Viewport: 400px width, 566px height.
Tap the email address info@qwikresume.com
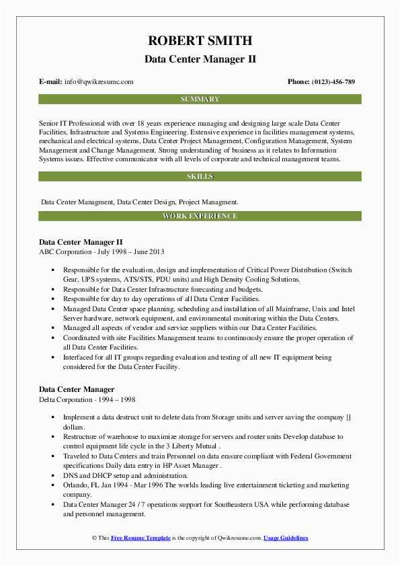[99, 82]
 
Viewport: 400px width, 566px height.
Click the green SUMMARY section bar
[200, 99]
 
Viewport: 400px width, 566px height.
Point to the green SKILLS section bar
[200, 177]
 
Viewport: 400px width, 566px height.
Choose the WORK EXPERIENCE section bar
[200, 216]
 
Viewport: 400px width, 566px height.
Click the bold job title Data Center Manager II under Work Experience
[81, 241]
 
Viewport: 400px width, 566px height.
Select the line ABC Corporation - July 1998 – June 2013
[102, 251]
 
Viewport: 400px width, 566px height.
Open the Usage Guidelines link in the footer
[286, 538]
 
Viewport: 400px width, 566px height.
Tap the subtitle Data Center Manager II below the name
[200, 59]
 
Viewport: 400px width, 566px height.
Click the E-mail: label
[50, 82]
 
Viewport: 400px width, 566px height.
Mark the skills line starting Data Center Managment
[138, 202]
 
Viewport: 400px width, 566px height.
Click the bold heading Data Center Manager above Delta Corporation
[77, 389]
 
